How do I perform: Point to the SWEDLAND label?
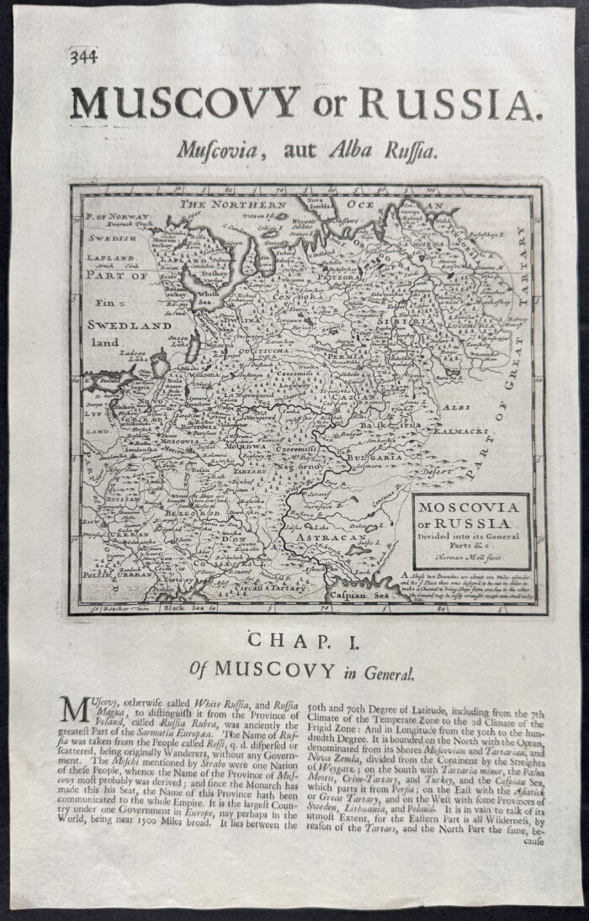tap(130, 324)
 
